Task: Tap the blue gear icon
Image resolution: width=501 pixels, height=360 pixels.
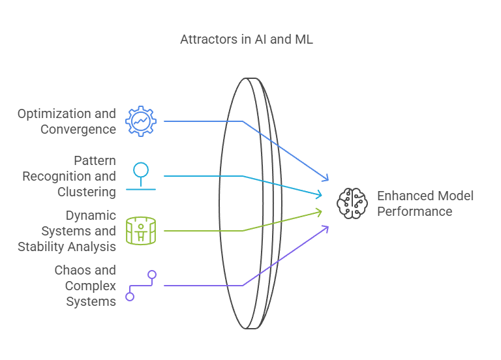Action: [x=141, y=121]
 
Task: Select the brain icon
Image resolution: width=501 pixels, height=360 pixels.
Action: [x=352, y=203]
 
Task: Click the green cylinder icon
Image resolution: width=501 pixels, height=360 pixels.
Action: [x=141, y=231]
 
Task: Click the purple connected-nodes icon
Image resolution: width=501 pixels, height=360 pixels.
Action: [x=141, y=286]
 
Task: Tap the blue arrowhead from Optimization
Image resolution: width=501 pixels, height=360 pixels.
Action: [x=326, y=177]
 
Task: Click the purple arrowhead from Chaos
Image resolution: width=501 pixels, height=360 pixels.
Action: [x=326, y=229]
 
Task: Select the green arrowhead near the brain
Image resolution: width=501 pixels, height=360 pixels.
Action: [x=318, y=213]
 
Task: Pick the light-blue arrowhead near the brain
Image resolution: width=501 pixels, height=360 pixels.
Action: [x=318, y=194]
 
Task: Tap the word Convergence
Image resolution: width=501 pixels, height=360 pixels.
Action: [x=78, y=129]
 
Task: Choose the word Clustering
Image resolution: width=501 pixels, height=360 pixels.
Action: [x=87, y=192]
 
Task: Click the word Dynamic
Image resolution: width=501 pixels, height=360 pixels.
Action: [x=91, y=216]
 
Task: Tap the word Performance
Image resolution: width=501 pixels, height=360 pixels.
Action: [x=415, y=211]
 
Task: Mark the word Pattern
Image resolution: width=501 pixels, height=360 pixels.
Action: [x=95, y=160]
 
